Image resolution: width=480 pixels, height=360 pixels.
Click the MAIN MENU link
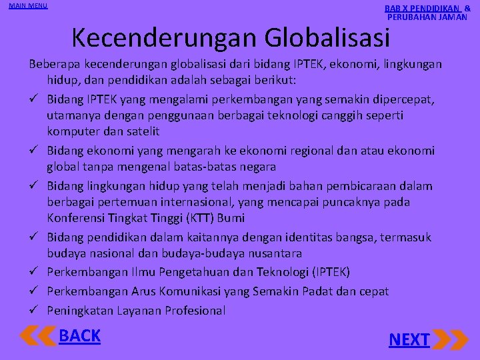28,6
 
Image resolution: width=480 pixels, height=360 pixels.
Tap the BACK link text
79,336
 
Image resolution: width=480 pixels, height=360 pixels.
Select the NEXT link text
409,340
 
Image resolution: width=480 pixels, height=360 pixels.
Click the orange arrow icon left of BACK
38,335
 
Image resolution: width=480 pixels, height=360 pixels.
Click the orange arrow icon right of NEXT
450,339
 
